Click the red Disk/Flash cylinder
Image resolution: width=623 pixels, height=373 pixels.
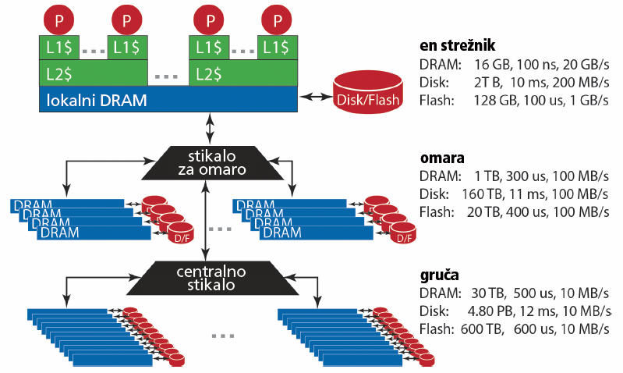368,92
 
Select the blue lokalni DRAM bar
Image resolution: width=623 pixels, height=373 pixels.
168,99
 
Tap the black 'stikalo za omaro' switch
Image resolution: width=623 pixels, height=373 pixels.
211,162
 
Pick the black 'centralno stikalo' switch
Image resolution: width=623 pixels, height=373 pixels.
211,278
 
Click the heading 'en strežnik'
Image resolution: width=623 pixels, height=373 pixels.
458,45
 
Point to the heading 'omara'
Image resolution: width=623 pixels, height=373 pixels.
442,158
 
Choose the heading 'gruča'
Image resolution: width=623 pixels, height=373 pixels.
440,275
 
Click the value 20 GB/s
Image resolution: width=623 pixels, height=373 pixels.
586,65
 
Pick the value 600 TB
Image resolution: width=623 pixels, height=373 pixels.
482,329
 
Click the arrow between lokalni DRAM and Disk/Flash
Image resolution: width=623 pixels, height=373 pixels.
316,96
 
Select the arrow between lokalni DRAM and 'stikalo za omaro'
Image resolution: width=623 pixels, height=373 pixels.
210,128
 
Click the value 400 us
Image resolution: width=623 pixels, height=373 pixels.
526,212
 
